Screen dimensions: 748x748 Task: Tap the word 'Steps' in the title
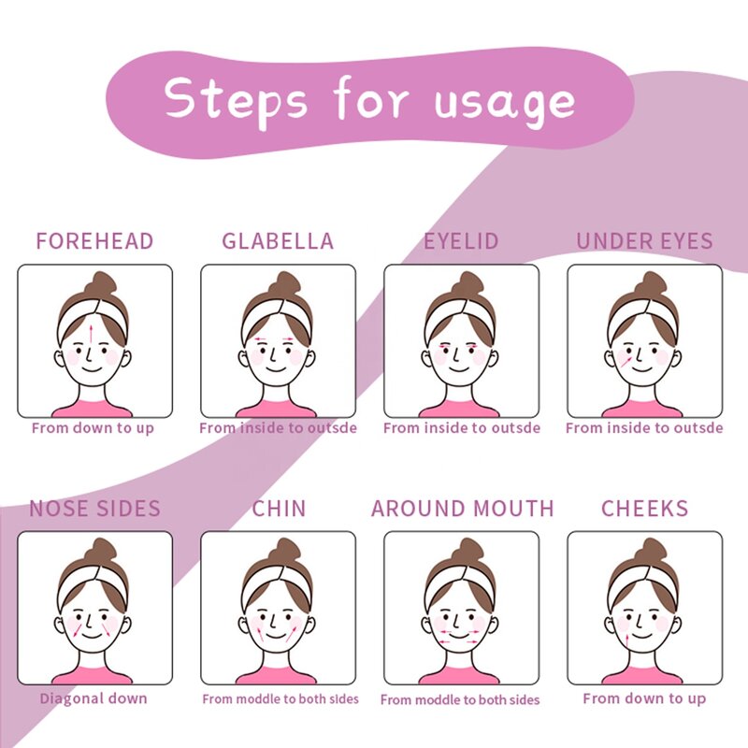point(236,98)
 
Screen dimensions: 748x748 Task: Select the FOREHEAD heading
point(94,241)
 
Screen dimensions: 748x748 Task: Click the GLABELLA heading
point(278,241)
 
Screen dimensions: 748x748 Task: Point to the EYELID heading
point(461,241)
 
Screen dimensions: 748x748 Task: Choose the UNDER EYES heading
point(644,241)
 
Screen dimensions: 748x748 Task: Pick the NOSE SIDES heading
point(94,510)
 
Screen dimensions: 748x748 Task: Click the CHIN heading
point(279,510)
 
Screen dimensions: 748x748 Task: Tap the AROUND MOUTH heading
point(462,510)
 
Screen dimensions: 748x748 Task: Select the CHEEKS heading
point(644,510)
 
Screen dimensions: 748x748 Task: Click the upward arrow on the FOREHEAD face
point(92,334)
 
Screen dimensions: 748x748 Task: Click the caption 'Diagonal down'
point(93,698)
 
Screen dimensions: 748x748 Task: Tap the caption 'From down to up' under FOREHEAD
point(93,428)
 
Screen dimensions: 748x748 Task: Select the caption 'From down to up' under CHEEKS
point(644,698)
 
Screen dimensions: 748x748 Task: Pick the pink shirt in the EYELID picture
point(460,409)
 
